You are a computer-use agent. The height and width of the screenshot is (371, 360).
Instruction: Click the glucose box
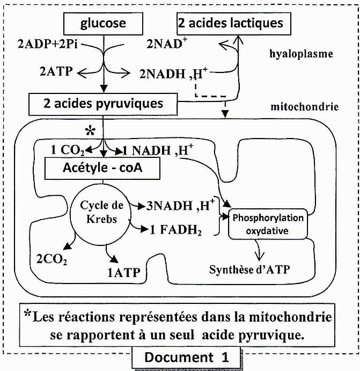(x=103, y=24)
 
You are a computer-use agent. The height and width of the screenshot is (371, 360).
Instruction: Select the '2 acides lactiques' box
(x=230, y=24)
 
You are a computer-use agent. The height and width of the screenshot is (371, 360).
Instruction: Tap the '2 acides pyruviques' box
(x=102, y=103)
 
